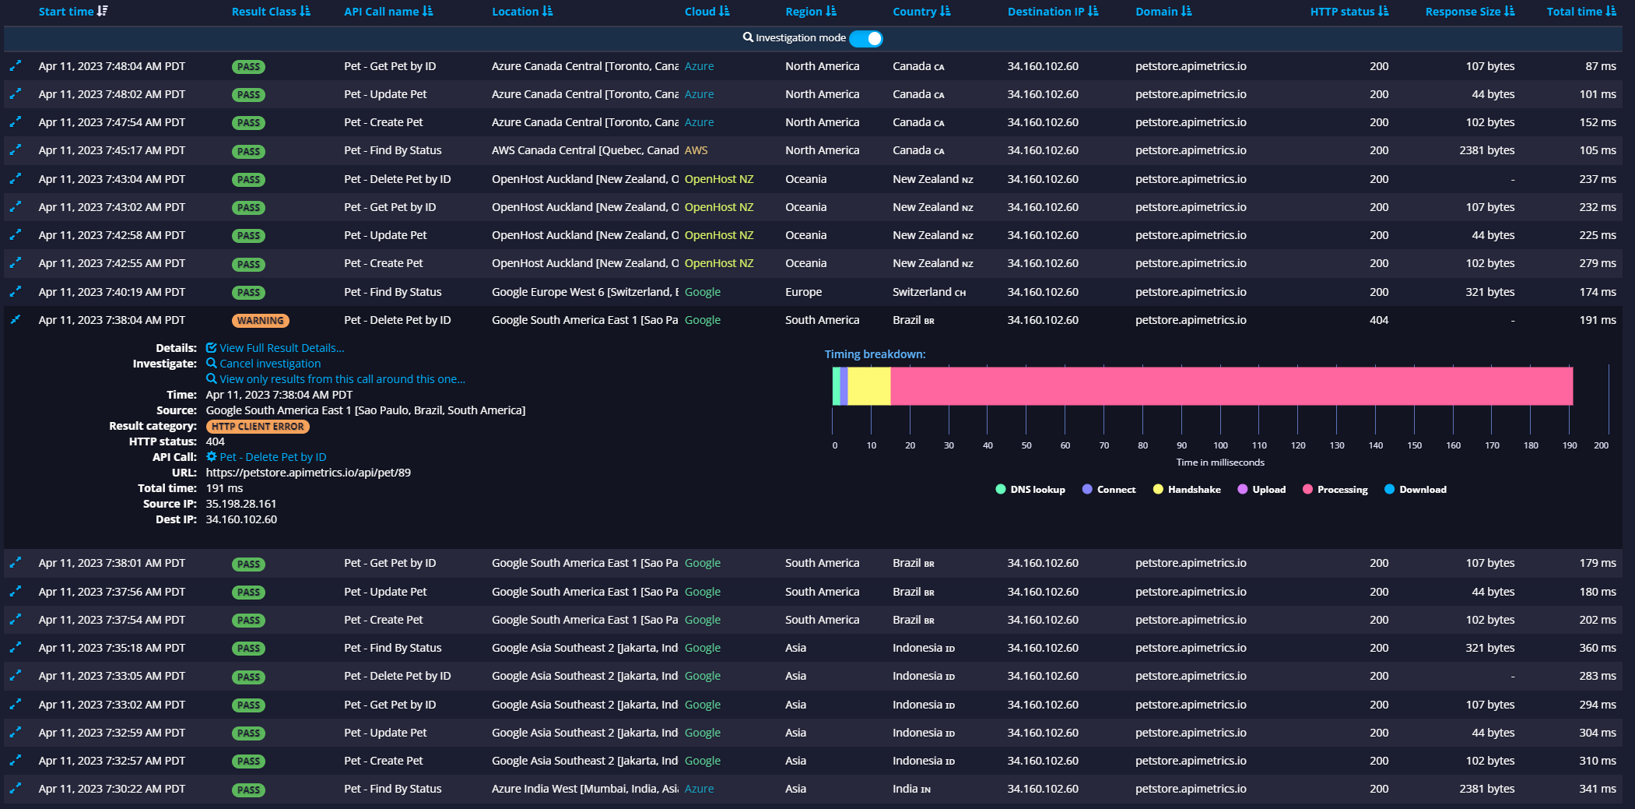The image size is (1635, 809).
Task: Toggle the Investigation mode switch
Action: pos(866,38)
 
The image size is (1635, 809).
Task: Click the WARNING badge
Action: pos(260,321)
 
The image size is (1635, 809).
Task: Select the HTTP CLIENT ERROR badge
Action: pos(258,427)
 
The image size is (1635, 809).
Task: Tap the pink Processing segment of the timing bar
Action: pos(1230,386)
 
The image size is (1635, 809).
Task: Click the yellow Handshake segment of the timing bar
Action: pos(868,386)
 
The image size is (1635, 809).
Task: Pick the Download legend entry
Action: pos(1422,490)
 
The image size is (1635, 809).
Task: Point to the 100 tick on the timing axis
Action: pos(1220,445)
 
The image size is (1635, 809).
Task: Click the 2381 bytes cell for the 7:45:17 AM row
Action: pos(1486,150)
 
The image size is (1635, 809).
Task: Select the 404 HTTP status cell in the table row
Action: pos(1378,320)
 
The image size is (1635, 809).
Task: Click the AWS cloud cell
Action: pos(696,150)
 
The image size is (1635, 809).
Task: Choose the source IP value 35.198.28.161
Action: pos(240,504)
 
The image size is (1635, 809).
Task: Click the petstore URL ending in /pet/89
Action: pos(308,473)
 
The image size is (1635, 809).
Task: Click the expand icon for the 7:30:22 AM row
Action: pos(15,789)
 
